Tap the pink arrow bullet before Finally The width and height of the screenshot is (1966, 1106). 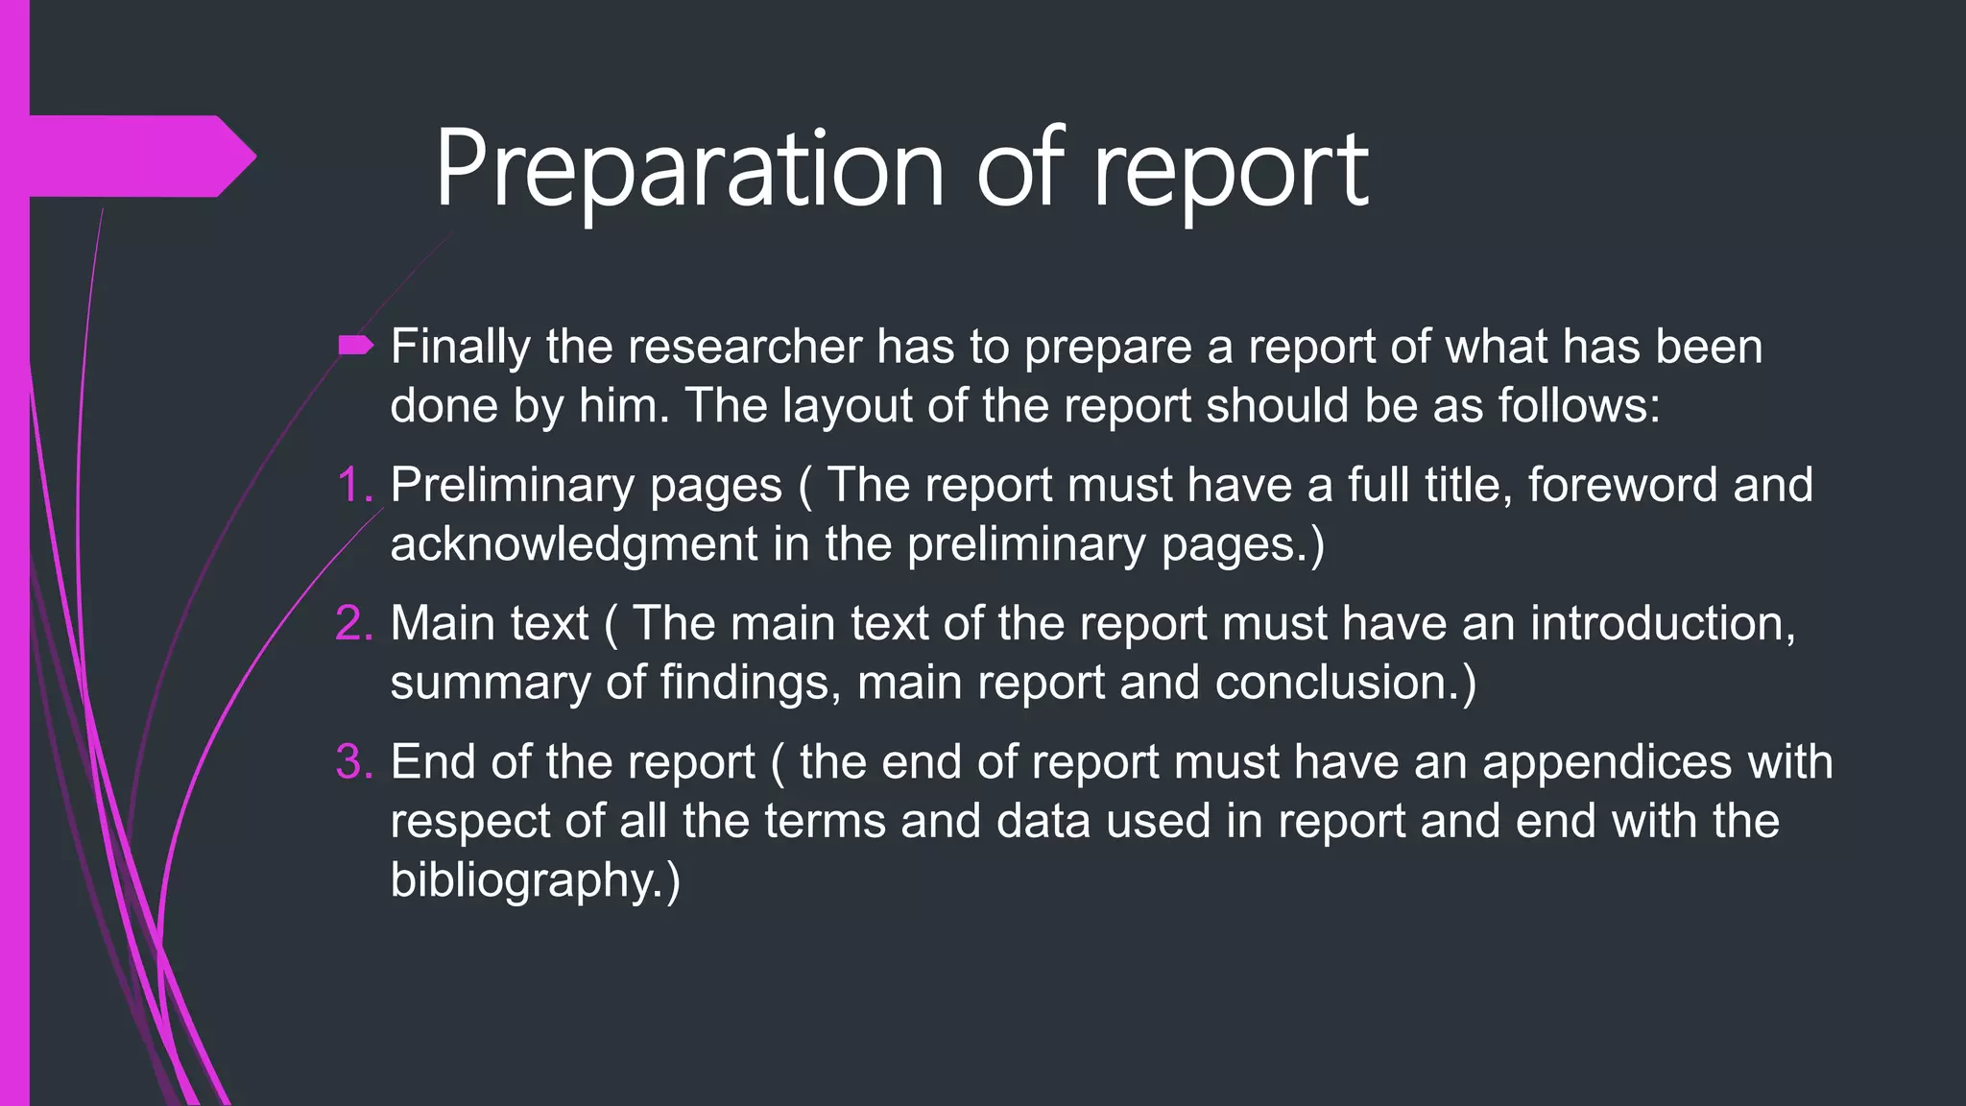355,346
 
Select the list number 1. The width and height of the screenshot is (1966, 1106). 354,485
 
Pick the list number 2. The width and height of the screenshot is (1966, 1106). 354,623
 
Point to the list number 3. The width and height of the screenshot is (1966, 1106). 354,761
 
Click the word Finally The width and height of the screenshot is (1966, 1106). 460,348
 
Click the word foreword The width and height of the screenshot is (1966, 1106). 1621,485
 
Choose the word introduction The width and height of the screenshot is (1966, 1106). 1662,623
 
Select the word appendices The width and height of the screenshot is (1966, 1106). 1607,763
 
